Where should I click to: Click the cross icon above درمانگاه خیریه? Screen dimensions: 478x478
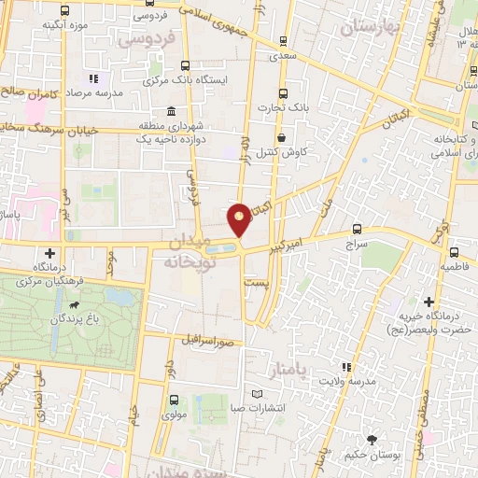[429, 302]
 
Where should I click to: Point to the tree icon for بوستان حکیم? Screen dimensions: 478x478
[374, 440]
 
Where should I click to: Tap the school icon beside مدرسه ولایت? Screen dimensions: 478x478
[346, 368]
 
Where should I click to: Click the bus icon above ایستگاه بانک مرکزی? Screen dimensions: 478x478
[185, 66]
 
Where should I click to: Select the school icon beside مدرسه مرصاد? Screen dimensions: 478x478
[92, 79]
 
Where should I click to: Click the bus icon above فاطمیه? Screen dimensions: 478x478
[454, 251]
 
